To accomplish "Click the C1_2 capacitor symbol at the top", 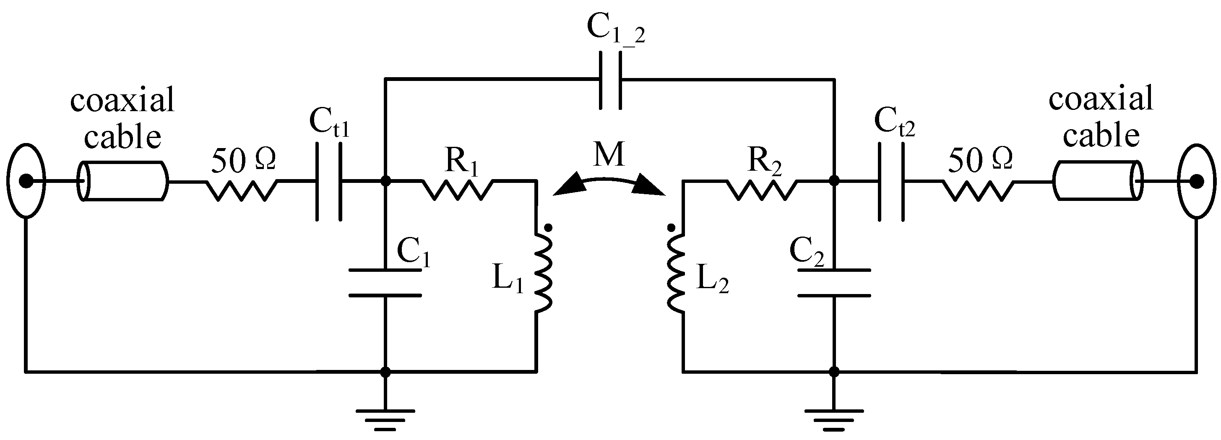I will tap(609, 80).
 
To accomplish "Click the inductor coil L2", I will tap(675, 273).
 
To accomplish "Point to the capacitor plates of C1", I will tap(385, 283).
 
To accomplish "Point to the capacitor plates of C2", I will tap(834, 283).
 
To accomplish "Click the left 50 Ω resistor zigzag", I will tap(242, 190).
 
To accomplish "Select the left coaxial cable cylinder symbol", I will tap(122, 181).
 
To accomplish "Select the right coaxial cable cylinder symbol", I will tap(1098, 181).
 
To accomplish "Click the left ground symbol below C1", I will tap(385, 419).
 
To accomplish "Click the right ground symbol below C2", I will tap(834, 419).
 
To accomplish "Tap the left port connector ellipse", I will tap(26, 181).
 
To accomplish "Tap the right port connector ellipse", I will tap(1197, 181).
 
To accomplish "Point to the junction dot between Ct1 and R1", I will tap(386, 181).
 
